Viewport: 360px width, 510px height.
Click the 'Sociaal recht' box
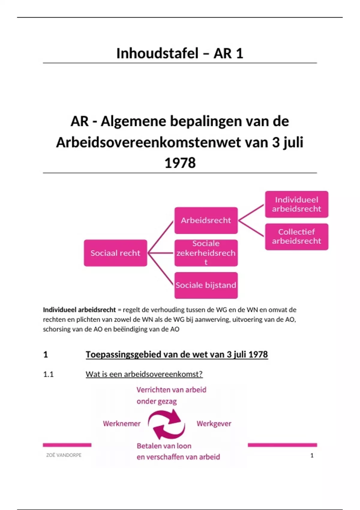115,253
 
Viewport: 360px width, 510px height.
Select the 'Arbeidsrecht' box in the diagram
206,220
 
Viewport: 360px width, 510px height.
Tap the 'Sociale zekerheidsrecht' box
206,253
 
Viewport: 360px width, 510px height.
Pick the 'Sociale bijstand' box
206,285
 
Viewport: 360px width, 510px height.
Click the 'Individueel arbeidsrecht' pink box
296,204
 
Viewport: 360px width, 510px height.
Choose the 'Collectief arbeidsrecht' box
296,236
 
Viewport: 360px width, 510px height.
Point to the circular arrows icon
167,424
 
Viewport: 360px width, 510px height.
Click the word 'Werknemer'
122,424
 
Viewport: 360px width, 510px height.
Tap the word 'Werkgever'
214,424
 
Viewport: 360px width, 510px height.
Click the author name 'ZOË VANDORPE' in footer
64,455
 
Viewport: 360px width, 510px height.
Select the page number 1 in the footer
312,455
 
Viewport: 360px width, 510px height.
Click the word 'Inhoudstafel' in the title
157,53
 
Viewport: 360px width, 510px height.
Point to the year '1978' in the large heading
180,163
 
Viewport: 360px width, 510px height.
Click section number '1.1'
48,374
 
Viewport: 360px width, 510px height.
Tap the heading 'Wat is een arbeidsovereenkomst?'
144,374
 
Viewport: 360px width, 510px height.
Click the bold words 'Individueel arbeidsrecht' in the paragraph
79,310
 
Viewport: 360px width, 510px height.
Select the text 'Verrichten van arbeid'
171,390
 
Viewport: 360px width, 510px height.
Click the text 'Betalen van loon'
164,446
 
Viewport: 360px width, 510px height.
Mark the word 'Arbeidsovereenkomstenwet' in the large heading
148,142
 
